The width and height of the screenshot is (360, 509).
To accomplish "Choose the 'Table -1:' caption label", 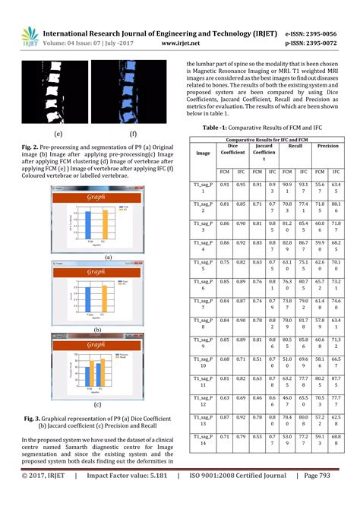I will [x=216, y=129].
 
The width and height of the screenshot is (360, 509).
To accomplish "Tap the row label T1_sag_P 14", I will [x=203, y=441].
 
